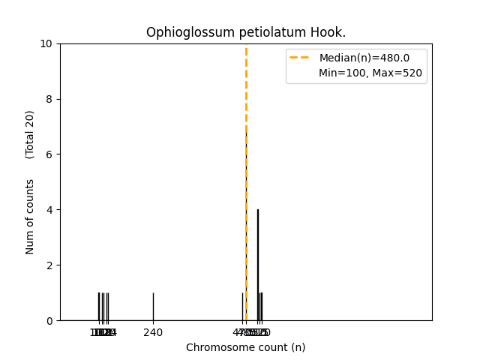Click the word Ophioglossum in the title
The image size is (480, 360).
182,32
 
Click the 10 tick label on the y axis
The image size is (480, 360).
46,43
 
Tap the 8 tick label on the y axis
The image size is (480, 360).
49,99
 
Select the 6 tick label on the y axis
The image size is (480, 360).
49,154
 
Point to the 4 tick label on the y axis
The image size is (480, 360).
49,210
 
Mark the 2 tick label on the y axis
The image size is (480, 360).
49,265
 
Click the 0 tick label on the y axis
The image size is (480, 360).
49,321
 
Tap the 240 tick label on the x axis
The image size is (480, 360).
153,332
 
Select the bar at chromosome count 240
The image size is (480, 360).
153,307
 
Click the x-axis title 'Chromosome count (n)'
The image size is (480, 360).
246,347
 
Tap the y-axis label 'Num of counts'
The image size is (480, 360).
30,216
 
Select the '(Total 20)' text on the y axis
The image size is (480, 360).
30,134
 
